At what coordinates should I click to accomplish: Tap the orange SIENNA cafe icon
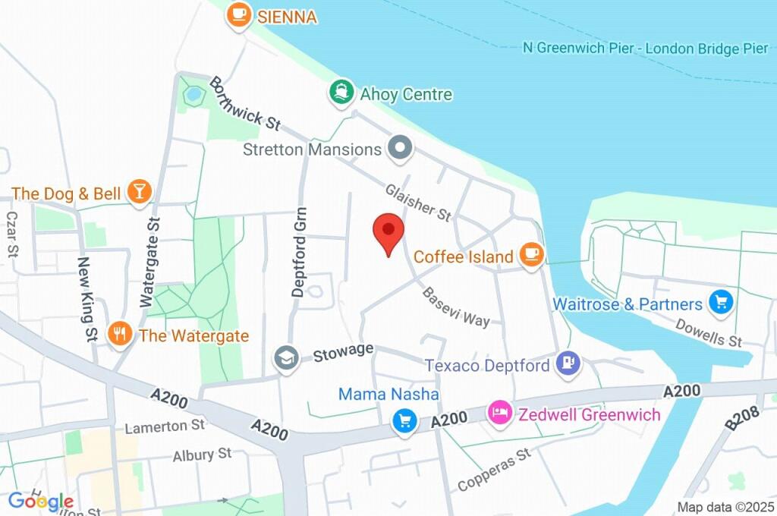point(239,14)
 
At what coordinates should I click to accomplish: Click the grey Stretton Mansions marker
point(399,148)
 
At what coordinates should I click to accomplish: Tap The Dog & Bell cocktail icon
point(139,192)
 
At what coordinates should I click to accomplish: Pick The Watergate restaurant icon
point(119,333)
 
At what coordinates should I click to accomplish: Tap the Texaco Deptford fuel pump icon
point(568,364)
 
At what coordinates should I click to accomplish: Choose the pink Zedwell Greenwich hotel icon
point(499,414)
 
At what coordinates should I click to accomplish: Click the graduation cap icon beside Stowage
point(286,357)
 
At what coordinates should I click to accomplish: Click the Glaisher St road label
point(418,203)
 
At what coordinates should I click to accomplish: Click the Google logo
point(41,501)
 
